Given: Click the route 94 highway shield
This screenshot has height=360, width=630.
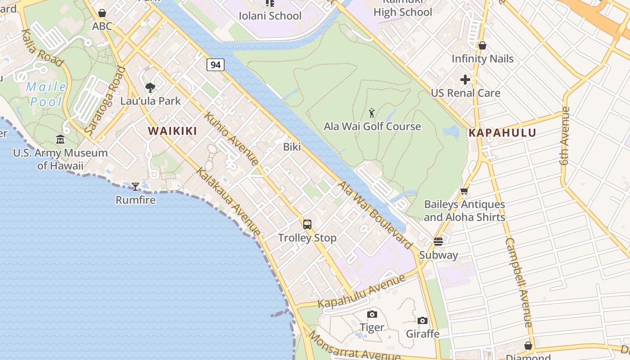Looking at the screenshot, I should point(216,65).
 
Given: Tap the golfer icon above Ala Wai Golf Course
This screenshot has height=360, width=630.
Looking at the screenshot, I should point(372,113).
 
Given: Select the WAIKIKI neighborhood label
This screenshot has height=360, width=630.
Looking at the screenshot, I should point(173,131).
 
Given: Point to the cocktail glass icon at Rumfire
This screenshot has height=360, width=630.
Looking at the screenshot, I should point(135,186).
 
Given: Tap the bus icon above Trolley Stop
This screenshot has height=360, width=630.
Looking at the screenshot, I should point(307,224).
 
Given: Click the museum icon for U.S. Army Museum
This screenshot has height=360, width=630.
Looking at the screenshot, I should point(60,139).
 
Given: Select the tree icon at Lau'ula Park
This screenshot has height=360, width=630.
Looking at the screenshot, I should point(150,87).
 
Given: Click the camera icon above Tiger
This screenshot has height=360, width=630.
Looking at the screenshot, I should point(372,314).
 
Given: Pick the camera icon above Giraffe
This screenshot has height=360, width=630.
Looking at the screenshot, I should point(422,320).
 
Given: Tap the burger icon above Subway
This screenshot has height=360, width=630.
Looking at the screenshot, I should point(438,242).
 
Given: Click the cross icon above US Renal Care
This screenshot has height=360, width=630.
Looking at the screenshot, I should point(465,80).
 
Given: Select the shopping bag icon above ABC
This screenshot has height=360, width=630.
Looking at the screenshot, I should point(102,13).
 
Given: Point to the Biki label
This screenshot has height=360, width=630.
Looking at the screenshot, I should point(292,147).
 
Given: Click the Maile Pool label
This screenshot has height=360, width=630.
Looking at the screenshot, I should point(46,94).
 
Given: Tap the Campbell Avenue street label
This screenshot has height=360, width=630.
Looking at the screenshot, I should point(519,282).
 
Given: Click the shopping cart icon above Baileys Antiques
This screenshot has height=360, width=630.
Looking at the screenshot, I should point(464,191).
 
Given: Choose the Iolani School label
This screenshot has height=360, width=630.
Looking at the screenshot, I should point(270,16).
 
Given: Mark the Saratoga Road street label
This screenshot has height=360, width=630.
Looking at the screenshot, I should point(105,102).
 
